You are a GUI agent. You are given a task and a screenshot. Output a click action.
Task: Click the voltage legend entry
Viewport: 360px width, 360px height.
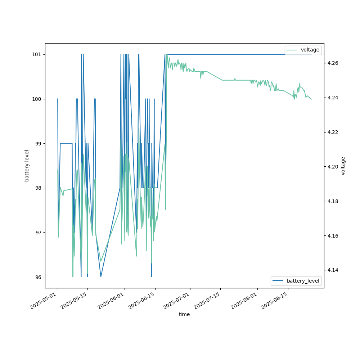pyautogui.click(x=310, y=50)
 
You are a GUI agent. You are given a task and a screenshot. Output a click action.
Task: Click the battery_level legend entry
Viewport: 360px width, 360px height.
pyautogui.click(x=303, y=281)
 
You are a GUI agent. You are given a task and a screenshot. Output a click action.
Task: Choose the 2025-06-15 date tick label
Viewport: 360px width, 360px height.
pyautogui.click(x=143, y=301)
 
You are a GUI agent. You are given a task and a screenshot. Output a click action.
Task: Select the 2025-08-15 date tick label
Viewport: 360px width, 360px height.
pyautogui.click(x=275, y=301)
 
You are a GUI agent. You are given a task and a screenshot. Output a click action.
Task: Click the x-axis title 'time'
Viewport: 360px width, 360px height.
pyautogui.click(x=184, y=314)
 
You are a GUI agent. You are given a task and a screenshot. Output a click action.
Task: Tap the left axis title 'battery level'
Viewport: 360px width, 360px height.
pyautogui.click(x=27, y=166)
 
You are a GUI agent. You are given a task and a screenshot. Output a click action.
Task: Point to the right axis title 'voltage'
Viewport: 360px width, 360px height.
pyautogui.click(x=343, y=166)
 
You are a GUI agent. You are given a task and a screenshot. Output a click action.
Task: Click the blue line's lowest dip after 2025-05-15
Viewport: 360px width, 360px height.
pyautogui.click(x=101, y=276)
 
